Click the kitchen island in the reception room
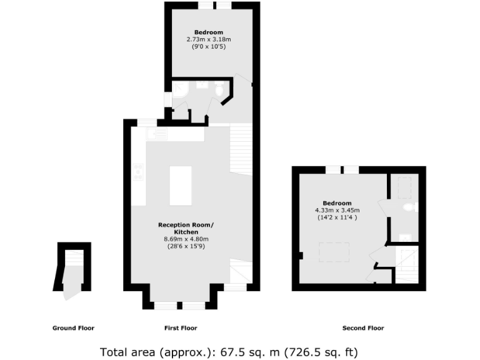click(180, 185)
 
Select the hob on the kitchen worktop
click(138, 172)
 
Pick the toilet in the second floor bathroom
click(408, 207)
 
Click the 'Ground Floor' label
click(73, 328)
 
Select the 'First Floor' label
click(181, 328)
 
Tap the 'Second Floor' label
click(363, 328)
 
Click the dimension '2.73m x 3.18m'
click(208, 39)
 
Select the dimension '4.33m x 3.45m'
click(337, 210)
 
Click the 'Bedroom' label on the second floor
click(337, 203)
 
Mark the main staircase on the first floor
click(241, 150)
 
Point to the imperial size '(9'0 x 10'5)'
click(208, 46)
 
